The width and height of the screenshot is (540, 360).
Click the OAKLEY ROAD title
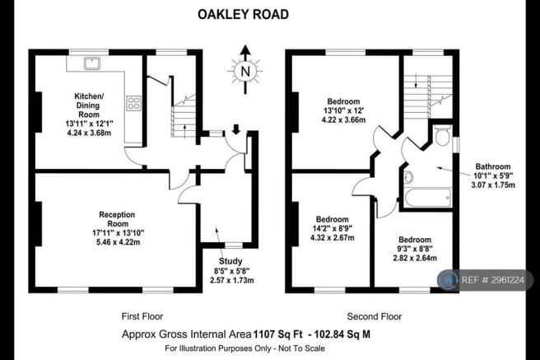(x=243, y=15)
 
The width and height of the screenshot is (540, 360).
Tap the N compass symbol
(x=245, y=71)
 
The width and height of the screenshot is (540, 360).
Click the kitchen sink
(x=91, y=63)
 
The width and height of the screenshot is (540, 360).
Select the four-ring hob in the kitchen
(x=133, y=103)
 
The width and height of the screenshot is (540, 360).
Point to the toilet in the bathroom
(x=442, y=134)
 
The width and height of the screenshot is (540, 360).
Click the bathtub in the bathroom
(x=427, y=198)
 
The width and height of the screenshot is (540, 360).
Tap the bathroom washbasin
(x=408, y=177)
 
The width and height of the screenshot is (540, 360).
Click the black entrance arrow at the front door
(x=236, y=129)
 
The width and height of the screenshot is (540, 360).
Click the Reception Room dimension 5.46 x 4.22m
(x=119, y=242)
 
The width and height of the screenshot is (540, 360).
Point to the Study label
(x=230, y=261)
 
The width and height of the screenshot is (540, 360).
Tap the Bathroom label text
(x=493, y=166)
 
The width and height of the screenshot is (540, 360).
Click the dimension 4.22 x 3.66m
(x=343, y=120)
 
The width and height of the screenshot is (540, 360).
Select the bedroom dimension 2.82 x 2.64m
(x=415, y=258)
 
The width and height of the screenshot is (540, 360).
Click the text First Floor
(x=142, y=316)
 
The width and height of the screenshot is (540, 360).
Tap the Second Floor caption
(x=375, y=316)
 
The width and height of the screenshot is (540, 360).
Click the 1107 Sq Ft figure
(x=278, y=334)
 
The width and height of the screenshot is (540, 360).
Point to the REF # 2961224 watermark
(x=493, y=280)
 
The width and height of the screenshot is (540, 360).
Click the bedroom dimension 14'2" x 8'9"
(x=333, y=228)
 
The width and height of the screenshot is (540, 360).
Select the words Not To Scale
(x=301, y=348)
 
